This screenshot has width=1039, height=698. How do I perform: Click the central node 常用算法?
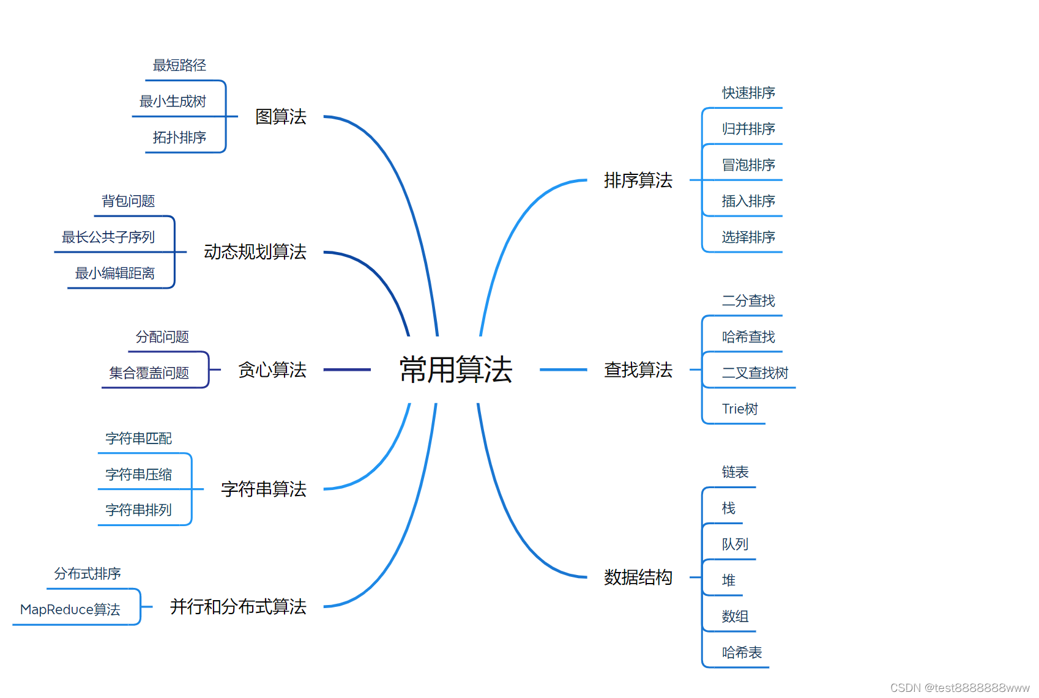(456, 369)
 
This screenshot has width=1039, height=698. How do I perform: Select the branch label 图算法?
(281, 116)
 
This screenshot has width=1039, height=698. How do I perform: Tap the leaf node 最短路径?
(179, 65)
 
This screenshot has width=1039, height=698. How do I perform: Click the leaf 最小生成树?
(173, 102)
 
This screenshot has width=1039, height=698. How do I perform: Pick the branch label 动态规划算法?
(255, 251)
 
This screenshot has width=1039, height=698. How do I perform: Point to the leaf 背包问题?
(128, 201)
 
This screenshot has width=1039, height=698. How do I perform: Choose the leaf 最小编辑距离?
(115, 273)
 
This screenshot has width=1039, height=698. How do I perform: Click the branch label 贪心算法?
(272, 369)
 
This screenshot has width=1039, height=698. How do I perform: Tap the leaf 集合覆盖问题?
(149, 373)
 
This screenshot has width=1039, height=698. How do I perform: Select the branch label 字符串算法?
(264, 489)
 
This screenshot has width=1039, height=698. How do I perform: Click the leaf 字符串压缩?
(139, 475)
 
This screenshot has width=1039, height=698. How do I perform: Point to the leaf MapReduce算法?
(70, 610)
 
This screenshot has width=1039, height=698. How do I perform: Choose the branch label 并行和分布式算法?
(238, 606)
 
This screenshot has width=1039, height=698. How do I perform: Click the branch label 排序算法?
(638, 180)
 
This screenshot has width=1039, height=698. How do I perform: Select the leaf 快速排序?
(748, 93)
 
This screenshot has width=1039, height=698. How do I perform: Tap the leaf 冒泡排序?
(748, 165)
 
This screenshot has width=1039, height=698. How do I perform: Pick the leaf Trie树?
(740, 409)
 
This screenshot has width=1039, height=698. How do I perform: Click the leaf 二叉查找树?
(755, 373)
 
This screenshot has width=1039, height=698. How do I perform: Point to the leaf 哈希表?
(742, 653)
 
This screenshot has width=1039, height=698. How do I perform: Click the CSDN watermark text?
(959, 688)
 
